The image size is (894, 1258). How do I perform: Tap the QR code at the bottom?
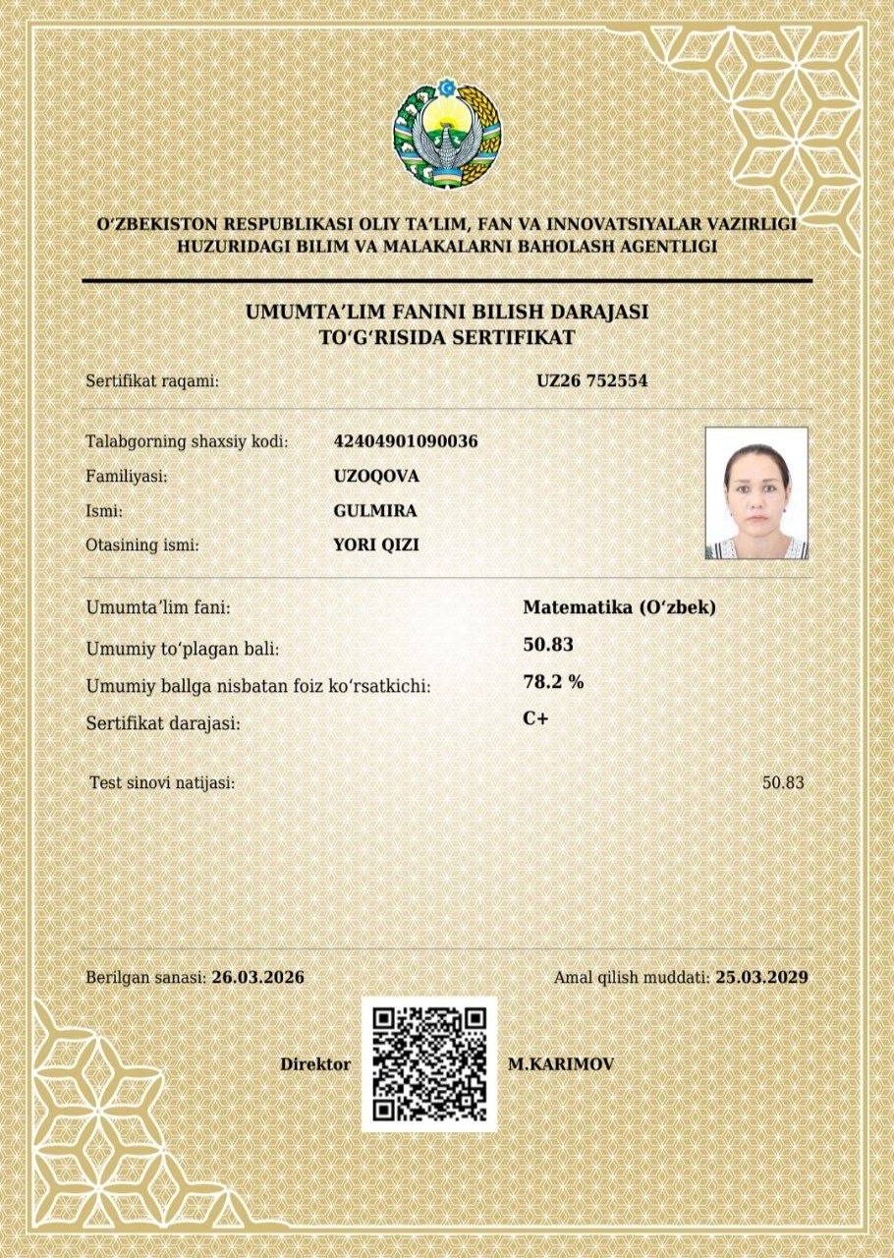[429, 1064]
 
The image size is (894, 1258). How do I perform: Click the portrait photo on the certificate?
[756, 492]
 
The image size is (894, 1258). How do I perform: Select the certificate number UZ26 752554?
[591, 379]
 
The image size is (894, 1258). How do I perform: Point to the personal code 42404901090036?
[406, 441]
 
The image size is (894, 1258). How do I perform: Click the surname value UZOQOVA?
[376, 477]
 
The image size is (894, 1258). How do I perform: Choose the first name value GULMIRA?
[375, 511]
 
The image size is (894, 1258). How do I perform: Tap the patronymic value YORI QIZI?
[376, 544]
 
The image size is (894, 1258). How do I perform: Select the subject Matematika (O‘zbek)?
[619, 607]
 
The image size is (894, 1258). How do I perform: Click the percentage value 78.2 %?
[553, 682]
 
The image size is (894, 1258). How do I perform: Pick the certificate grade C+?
[535, 719]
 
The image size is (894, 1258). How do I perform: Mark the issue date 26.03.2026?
[257, 978]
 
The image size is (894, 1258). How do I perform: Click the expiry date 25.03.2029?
[761, 978]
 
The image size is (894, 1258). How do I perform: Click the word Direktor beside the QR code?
[315, 1064]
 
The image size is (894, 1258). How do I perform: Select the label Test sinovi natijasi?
[162, 783]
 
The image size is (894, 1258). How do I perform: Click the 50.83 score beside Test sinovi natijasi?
[783, 783]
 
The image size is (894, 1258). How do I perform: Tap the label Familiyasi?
[127, 477]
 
